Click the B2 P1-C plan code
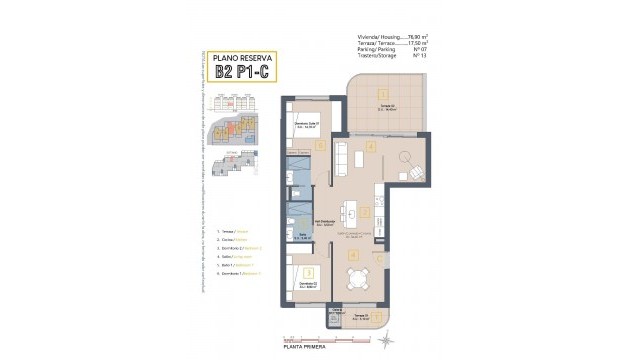(245, 71)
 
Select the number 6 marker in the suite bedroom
(320, 145)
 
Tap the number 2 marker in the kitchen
(365, 212)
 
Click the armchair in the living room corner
(415, 175)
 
